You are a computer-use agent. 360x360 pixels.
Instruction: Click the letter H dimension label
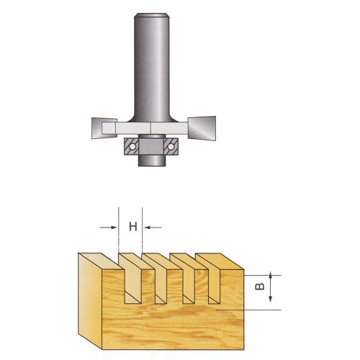pos(133,226)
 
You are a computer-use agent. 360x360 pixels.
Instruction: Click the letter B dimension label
pos(259,287)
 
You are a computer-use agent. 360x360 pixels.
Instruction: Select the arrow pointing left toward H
pos(153,228)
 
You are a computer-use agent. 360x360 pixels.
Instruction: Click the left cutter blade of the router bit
pos(104,128)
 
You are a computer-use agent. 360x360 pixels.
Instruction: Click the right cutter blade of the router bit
pos(202,128)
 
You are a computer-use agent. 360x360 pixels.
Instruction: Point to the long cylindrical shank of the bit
pos(152,67)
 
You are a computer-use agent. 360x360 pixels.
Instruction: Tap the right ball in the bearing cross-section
pos(171,146)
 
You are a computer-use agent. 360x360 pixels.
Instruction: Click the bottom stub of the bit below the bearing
pos(152,161)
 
